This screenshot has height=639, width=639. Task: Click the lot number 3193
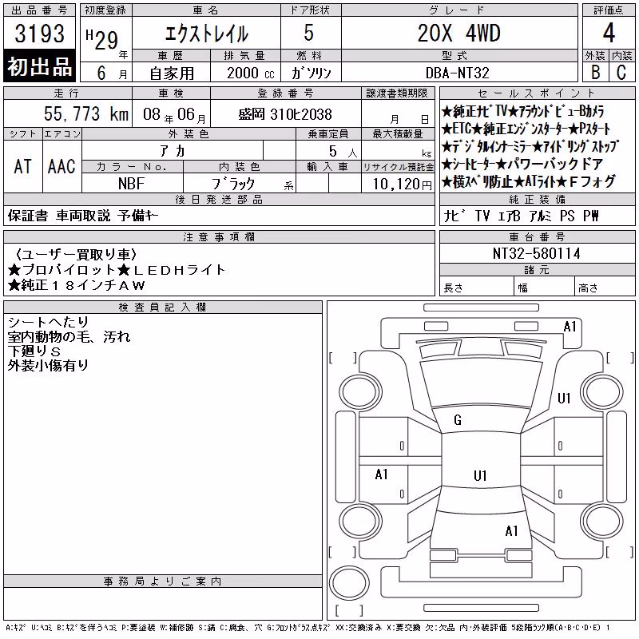tap(39, 33)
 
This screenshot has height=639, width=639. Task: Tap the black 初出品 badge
tap(39, 66)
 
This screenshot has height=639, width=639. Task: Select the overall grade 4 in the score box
tap(609, 33)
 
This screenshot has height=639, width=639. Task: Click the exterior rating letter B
tap(595, 72)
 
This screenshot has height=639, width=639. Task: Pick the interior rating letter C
tap(621, 72)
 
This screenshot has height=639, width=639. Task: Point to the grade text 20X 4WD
tap(458, 33)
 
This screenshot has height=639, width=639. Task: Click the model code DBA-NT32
tap(457, 73)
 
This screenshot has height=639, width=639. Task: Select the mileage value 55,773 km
tap(86, 113)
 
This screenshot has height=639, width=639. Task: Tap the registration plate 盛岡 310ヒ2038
tap(285, 114)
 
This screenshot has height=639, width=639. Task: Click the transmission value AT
tap(23, 166)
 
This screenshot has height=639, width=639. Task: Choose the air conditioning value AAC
tap(62, 166)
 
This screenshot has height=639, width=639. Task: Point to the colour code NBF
tap(131, 184)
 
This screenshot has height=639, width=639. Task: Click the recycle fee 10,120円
tap(402, 184)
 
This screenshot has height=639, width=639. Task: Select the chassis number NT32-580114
tap(536, 253)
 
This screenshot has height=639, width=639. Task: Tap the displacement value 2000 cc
tap(251, 73)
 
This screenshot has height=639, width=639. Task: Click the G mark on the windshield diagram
tap(458, 420)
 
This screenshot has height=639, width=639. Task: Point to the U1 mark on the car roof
tap(480, 475)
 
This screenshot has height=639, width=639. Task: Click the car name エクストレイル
tap(207, 34)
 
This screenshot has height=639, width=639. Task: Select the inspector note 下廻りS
tap(34, 351)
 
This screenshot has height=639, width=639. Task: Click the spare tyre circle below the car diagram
tap(349, 582)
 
